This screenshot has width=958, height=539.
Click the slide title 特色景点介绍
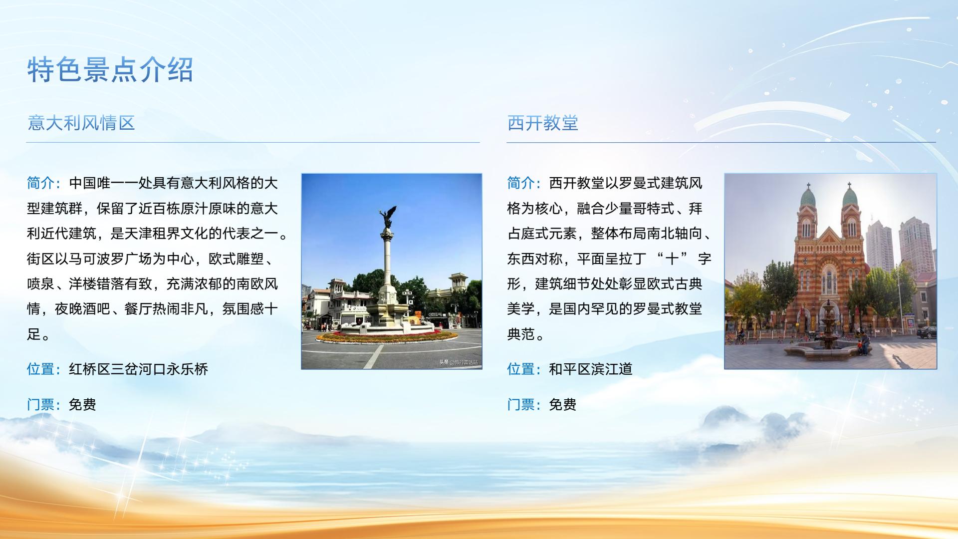coord(110,69)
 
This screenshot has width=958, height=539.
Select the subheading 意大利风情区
coord(81,123)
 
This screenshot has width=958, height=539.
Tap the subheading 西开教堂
coord(543,123)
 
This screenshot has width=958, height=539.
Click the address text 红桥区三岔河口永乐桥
coord(138,369)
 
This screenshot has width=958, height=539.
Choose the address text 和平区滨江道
coord(591,369)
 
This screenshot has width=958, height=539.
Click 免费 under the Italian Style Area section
coord(82,404)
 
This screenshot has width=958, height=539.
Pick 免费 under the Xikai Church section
coord(563,404)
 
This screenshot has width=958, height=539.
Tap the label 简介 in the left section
coord(41,183)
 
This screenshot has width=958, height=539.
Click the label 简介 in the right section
coord(521,183)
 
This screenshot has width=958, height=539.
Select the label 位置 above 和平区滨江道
coord(521,369)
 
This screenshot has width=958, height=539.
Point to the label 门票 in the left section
coord(41,404)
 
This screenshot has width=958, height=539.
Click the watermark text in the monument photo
coord(459,362)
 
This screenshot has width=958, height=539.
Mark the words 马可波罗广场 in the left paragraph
coord(110,259)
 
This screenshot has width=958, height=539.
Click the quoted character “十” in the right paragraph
coord(672,259)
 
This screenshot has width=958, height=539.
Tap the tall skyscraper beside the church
coord(879,247)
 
